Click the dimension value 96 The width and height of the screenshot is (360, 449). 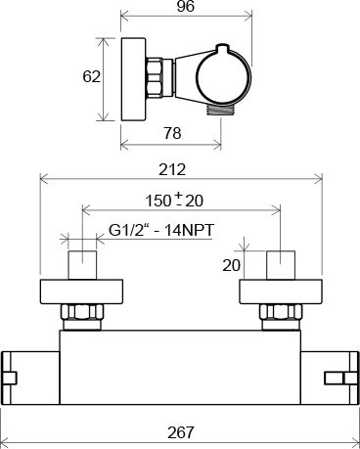coord(186,7)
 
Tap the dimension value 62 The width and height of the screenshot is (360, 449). coord(91,77)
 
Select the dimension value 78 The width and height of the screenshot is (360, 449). coord(172,133)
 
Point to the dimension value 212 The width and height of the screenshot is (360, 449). coord(172,169)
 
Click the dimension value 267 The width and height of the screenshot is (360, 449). coord(181,432)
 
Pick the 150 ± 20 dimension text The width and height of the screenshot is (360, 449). coord(174,201)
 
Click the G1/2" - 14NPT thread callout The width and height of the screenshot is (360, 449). coord(161,230)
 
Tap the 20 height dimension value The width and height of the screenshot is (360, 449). coord(232,265)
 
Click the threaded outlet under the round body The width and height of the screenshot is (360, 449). coord(220,111)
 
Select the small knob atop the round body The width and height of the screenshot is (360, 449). coord(223,49)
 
